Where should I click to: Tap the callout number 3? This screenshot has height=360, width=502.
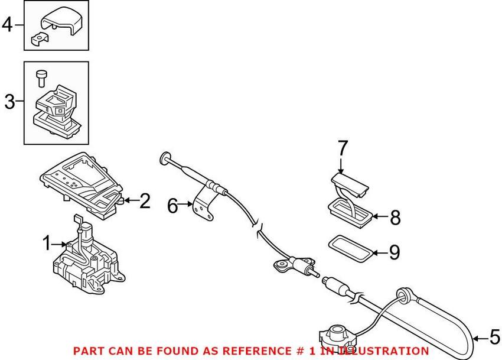pyautogui.click(x=9, y=102)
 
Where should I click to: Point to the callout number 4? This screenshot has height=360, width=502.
pyautogui.click(x=8, y=25)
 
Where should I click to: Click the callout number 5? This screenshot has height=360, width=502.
pyautogui.click(x=495, y=337)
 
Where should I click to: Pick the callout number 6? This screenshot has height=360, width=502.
pyautogui.click(x=172, y=206)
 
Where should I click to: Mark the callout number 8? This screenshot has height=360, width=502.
pyautogui.click(x=395, y=218)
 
